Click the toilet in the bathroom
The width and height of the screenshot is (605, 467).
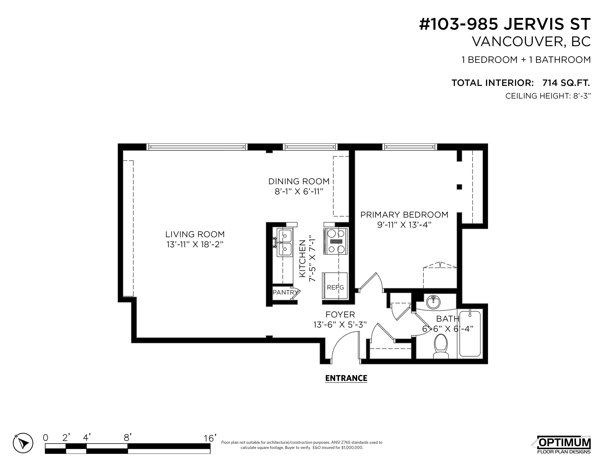[x=441, y=346]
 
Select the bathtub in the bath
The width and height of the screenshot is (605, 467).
[x=470, y=334]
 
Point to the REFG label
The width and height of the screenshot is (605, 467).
[x=335, y=287]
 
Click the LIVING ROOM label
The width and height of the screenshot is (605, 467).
[x=195, y=234]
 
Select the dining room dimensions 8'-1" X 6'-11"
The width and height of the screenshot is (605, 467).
[x=299, y=192]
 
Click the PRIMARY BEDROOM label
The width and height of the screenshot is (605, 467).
[x=404, y=215]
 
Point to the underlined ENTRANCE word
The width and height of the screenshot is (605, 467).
[x=346, y=378]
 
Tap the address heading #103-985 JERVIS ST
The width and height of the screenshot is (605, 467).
[x=505, y=24]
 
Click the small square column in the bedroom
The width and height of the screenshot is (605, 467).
[x=459, y=187]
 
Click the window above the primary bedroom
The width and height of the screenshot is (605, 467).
[x=410, y=147]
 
